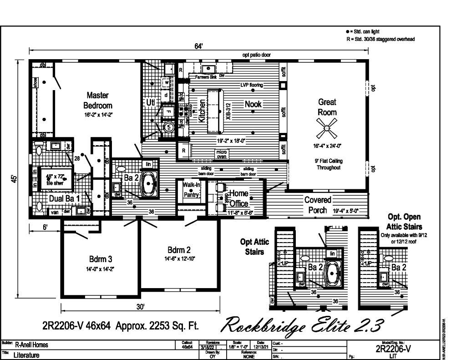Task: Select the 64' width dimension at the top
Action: click(199, 46)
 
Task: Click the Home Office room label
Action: click(238, 198)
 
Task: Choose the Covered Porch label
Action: click(318, 205)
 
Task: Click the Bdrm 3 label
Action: click(101, 259)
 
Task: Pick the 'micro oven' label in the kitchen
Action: click(221, 154)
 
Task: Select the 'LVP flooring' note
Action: click(252, 85)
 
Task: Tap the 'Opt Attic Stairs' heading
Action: click(252, 247)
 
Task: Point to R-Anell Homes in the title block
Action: click(31, 345)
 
